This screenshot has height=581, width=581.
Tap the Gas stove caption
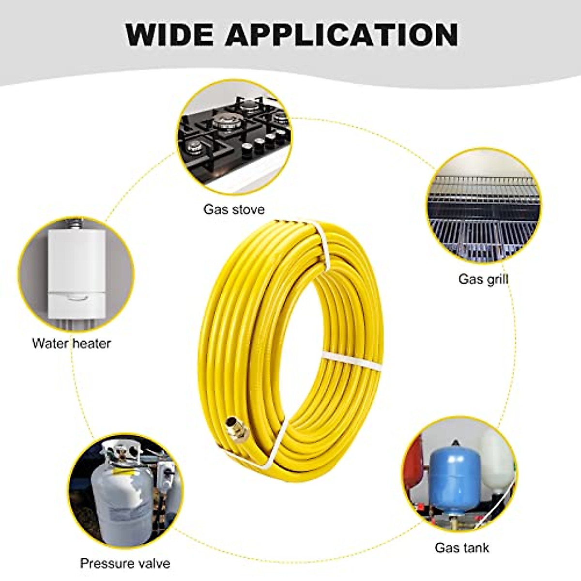234,210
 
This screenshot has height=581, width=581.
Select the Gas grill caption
483,279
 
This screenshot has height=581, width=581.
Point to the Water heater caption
72,343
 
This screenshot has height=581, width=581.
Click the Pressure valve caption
125,563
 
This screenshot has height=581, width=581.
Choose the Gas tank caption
461,548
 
